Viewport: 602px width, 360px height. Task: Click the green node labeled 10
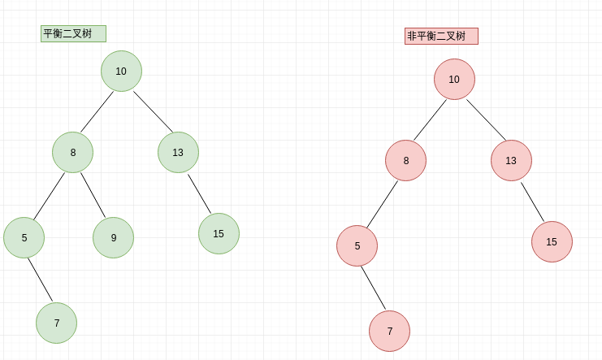[121, 71]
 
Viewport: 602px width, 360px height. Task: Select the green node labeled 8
[72, 152]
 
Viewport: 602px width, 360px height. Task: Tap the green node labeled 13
[178, 152]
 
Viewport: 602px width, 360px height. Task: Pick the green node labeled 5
[24, 237]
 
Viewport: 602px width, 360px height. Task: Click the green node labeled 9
[113, 237]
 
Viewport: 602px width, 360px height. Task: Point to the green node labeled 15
[219, 233]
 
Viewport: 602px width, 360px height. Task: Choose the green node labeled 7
[56, 323]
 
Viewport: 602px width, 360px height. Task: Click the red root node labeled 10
[454, 79]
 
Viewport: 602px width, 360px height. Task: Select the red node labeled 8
[405, 160]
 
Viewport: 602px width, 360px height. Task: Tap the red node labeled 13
[511, 160]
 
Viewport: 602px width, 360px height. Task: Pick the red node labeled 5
[357, 245]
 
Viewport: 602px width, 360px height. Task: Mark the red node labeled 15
[552, 241]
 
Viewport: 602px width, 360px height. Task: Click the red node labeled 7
[389, 331]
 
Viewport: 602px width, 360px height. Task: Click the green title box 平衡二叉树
[73, 33]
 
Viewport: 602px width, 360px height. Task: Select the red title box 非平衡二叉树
[441, 36]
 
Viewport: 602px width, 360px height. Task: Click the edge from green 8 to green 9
[93, 195]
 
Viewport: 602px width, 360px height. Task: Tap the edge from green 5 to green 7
[40, 280]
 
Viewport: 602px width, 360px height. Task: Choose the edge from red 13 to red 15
[532, 202]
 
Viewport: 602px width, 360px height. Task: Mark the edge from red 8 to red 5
[382, 204]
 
